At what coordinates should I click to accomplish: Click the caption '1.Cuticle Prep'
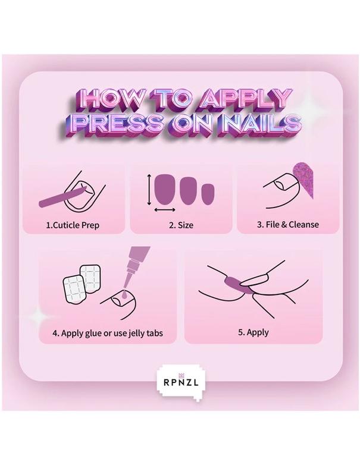click(x=73, y=225)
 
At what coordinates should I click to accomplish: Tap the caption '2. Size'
click(x=181, y=225)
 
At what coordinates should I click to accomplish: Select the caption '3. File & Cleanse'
click(x=288, y=225)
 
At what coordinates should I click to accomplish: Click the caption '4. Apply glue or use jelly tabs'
click(x=107, y=333)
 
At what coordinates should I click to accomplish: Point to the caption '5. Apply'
click(x=253, y=332)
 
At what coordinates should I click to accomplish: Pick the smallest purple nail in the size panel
click(x=208, y=194)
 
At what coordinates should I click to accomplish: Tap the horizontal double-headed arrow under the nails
click(x=164, y=210)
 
